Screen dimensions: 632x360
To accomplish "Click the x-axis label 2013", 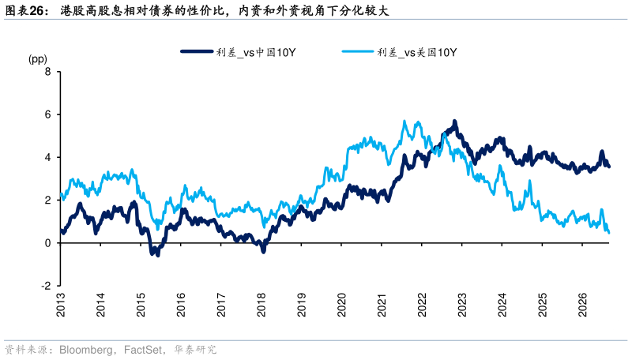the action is point(61,305).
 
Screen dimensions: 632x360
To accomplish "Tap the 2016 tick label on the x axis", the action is point(181,305).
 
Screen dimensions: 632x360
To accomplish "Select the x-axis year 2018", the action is point(261,305).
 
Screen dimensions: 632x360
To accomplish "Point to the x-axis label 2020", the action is point(342,305).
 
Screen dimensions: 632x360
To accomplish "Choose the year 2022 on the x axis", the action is point(422,305).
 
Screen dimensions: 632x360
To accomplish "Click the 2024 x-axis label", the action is point(502,305).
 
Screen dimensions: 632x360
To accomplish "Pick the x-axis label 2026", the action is point(583,305).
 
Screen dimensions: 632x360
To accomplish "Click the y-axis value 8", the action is point(48,72).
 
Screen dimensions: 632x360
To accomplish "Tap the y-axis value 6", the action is point(48,114).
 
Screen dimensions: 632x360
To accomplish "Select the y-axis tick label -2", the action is point(46,286).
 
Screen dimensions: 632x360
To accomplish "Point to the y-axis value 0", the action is point(48,243).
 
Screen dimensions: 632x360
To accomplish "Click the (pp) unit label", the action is point(37,59).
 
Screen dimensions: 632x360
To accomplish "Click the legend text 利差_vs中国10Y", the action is point(256,52).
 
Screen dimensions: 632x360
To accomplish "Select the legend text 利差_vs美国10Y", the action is point(417,52).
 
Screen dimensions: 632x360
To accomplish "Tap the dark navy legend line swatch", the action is point(197,51).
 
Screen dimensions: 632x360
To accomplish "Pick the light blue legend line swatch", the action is point(358,51).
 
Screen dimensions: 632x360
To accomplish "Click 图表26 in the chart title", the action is point(24,10).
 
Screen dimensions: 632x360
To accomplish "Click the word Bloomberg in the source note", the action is point(86,350).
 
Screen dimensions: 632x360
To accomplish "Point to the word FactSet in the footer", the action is point(143,350).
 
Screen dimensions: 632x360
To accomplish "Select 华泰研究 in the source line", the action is point(195,349).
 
